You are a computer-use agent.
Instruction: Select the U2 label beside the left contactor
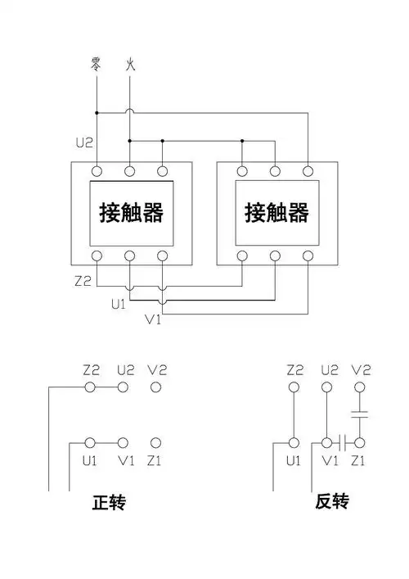click(x=83, y=143)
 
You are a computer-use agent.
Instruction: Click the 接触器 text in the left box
click(x=132, y=213)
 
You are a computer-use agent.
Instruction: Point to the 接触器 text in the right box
click(x=276, y=213)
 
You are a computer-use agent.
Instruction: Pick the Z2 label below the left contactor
click(x=83, y=281)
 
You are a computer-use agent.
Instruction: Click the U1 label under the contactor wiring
click(x=119, y=303)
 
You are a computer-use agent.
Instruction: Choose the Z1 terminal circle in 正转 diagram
click(x=155, y=442)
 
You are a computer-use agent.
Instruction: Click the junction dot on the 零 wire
click(x=96, y=112)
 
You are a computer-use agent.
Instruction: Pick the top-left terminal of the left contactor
click(x=96, y=171)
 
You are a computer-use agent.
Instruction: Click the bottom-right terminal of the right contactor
click(x=308, y=256)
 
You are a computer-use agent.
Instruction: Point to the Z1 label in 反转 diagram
click(x=358, y=461)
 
